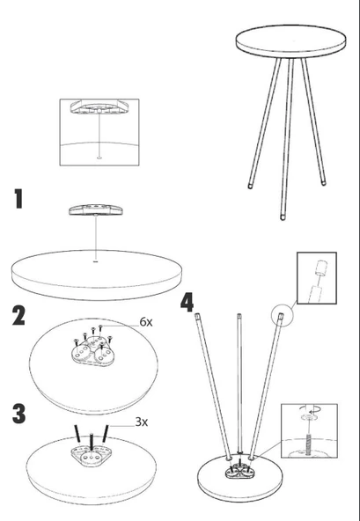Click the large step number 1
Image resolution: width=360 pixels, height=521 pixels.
click(19, 199)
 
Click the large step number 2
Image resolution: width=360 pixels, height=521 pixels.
click(18, 316)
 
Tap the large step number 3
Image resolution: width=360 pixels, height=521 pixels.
click(19, 414)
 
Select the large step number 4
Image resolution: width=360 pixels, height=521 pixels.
click(187, 303)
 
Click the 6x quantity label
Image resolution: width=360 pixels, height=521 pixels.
click(146, 321)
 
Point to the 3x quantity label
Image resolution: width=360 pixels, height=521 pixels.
click(142, 422)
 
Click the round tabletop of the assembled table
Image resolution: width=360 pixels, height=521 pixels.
click(290, 40)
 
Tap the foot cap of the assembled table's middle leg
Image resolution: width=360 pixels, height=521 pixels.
click(283, 217)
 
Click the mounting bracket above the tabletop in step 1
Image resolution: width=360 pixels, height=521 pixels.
click(96, 210)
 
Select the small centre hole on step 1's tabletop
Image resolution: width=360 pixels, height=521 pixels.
click(96, 261)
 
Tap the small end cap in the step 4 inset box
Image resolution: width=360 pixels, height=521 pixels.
click(320, 268)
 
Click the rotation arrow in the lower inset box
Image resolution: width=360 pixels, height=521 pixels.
click(312, 408)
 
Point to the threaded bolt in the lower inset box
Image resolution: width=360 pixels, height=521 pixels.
click(308, 443)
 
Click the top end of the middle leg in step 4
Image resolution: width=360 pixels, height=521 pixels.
click(239, 315)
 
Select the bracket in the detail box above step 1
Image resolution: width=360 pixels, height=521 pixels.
click(99, 106)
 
